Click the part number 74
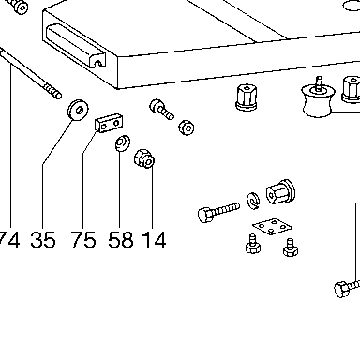point(9,240)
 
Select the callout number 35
point(43,240)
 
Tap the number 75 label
point(83,240)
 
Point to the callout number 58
point(121,240)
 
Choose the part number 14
point(154,240)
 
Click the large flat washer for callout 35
point(78,110)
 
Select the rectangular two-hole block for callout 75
point(109,123)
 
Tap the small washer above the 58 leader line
point(123,143)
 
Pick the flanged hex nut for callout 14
point(144,158)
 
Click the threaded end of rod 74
point(52,90)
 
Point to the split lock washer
point(253,201)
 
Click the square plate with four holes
point(272,227)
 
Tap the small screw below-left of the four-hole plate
point(252,244)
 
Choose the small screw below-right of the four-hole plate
point(291,247)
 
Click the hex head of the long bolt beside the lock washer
point(205,215)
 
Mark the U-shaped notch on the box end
point(98,62)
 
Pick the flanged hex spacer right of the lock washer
point(280,192)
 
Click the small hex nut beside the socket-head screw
point(187,127)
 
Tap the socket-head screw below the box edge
point(160,110)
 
